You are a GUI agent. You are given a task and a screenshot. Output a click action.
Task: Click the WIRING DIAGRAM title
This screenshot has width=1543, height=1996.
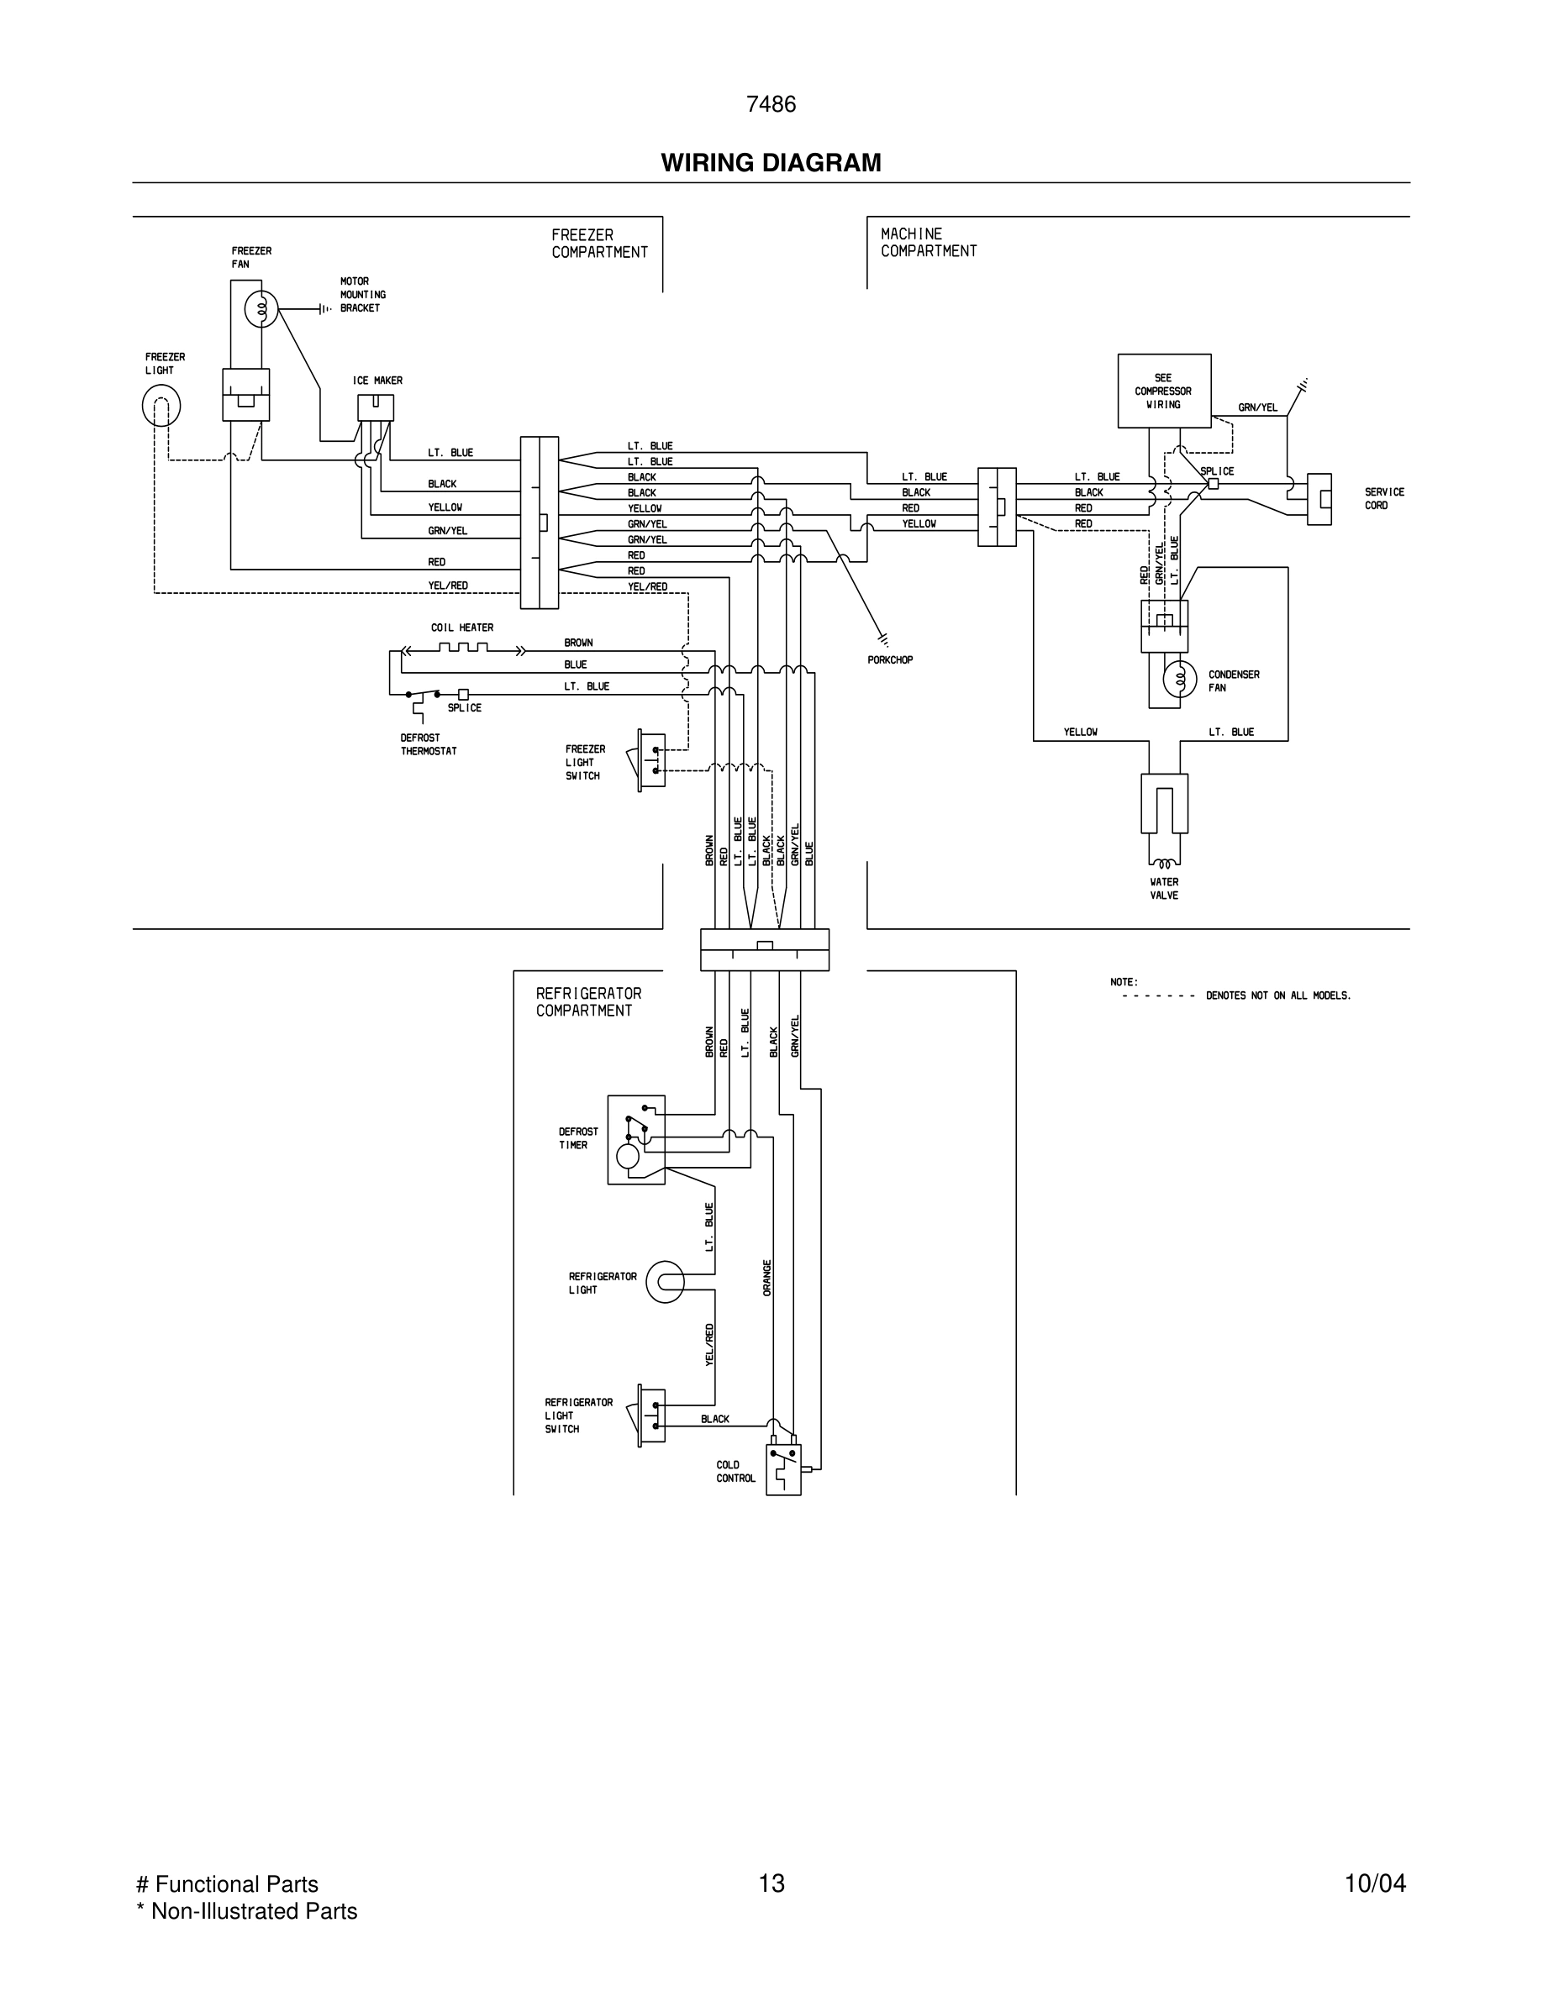click(x=771, y=163)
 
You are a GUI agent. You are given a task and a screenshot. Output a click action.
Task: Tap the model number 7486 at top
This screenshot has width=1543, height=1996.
click(x=771, y=105)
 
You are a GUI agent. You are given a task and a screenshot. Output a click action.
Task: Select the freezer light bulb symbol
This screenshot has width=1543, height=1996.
click(x=161, y=406)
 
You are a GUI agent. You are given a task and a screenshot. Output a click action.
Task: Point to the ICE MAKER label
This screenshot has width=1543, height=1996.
click(x=377, y=381)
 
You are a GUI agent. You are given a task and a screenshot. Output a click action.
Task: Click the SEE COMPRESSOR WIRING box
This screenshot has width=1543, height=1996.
click(x=1164, y=391)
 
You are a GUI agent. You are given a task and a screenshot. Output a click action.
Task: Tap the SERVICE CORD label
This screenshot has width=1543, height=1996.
click(x=1383, y=498)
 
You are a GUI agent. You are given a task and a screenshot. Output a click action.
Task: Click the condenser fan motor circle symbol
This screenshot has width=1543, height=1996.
click(x=1179, y=679)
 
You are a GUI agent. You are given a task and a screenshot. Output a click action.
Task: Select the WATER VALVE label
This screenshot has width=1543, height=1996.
click(x=1164, y=888)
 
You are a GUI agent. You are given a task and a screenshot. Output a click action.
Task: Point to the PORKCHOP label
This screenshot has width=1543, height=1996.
click(x=889, y=659)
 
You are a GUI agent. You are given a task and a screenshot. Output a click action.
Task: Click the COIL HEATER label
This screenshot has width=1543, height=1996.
click(x=461, y=628)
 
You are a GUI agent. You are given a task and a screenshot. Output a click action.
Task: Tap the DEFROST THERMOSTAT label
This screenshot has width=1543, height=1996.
click(x=428, y=744)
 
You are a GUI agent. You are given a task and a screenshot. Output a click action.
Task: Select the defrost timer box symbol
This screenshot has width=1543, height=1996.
click(x=636, y=1140)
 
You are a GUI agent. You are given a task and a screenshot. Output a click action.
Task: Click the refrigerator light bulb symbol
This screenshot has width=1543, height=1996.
click(x=665, y=1282)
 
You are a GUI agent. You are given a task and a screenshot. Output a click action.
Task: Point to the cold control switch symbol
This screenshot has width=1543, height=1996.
click(x=783, y=1469)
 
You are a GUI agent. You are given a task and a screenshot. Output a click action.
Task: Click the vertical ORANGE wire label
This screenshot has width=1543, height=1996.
click(x=767, y=1278)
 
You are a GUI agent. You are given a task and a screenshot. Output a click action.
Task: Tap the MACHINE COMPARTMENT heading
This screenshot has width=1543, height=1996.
click(x=928, y=242)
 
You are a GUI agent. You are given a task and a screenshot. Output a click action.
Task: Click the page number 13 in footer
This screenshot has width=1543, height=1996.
click(x=771, y=1883)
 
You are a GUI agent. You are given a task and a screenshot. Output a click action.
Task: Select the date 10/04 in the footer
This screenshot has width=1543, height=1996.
click(x=1374, y=1883)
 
